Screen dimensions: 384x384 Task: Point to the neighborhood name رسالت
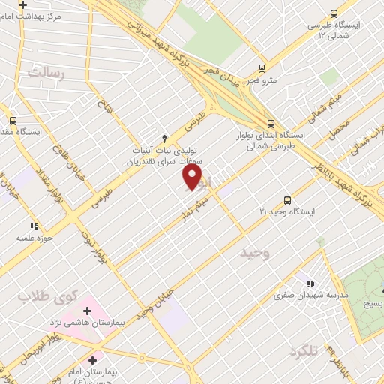tap(46, 72)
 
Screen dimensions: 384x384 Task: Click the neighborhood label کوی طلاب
tap(44, 296)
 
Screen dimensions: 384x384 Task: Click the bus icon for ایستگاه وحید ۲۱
tap(287, 199)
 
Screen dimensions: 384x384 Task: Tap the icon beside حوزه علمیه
tap(33, 226)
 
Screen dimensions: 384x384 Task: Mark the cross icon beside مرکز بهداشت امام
tap(23, 5)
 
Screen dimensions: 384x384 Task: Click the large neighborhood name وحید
tap(254, 253)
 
